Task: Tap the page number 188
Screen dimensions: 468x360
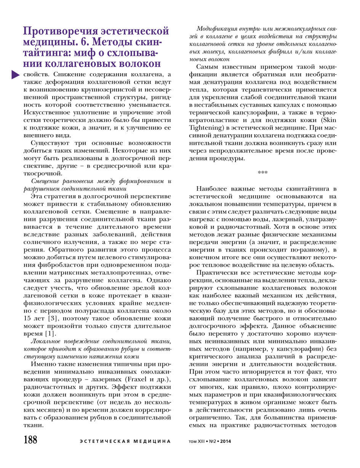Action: (x=30, y=440)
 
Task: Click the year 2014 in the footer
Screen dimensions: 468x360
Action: (x=225, y=442)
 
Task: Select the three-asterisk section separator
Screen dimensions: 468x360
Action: (x=262, y=173)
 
